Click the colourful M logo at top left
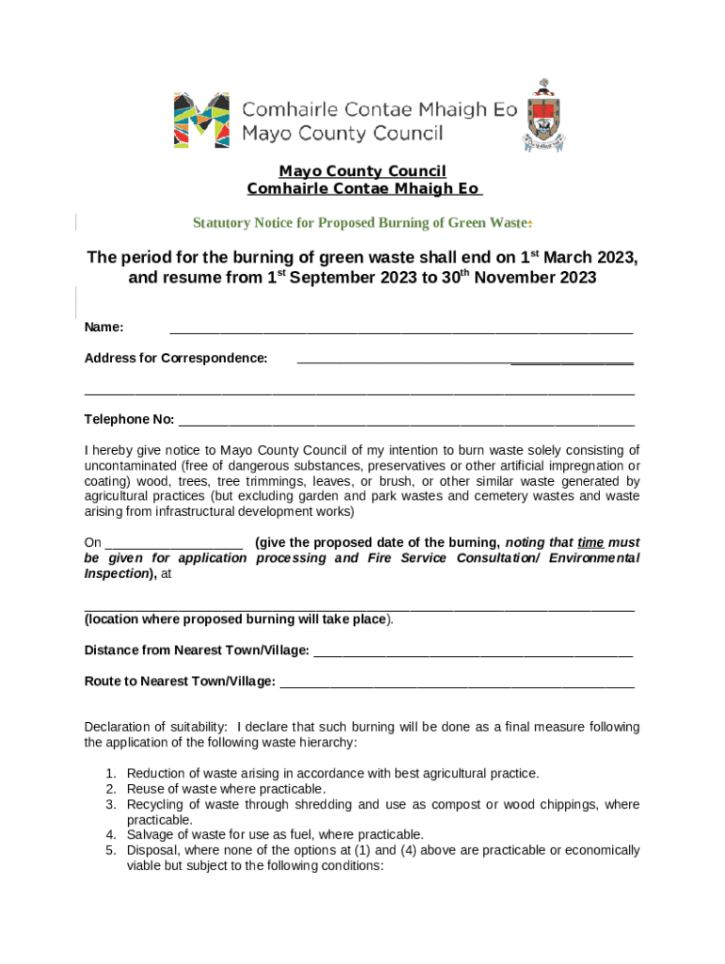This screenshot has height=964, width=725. click(x=201, y=120)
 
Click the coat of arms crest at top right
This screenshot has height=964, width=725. click(x=543, y=117)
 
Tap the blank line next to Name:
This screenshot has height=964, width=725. click(x=400, y=329)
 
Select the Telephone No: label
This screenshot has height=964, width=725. click(x=129, y=419)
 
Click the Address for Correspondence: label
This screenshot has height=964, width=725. click(x=176, y=359)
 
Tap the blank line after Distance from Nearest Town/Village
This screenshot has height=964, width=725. click(x=473, y=651)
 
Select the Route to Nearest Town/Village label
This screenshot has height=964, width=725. click(x=180, y=682)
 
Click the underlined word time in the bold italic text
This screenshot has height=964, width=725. click(x=590, y=543)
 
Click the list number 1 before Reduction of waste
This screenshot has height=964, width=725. click(x=110, y=774)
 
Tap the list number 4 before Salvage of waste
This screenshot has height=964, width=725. click(x=110, y=835)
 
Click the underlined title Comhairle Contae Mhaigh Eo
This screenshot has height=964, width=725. click(x=362, y=189)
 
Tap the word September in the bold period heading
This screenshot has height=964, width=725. click(x=337, y=280)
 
